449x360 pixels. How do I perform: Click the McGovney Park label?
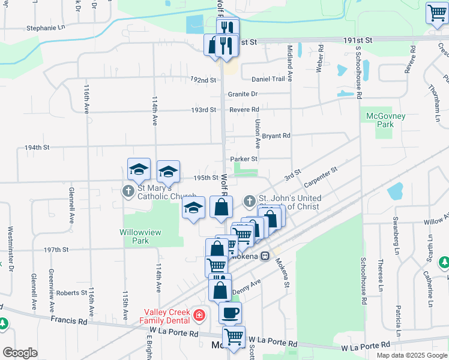[382, 120]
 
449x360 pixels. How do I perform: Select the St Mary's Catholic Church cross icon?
[128, 191]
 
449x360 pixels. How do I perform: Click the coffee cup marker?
[230, 313]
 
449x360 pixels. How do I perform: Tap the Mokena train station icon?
[264, 256]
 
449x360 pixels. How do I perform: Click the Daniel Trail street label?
[268, 79]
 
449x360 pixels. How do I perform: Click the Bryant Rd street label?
[276, 136]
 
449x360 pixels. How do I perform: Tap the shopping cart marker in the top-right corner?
[436, 13]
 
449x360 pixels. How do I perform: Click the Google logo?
[20, 353]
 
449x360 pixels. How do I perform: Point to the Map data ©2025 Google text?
[411, 355]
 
